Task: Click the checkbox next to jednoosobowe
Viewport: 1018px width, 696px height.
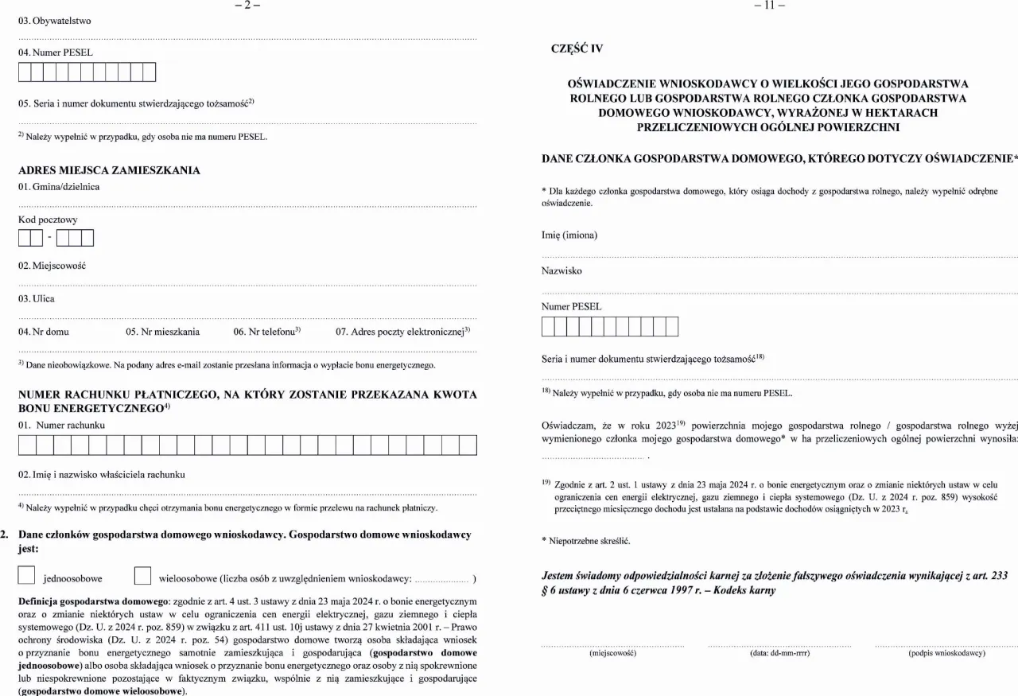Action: [27, 575]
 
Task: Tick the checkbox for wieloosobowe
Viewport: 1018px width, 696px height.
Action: [143, 575]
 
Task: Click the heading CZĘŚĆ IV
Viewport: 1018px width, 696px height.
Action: [577, 49]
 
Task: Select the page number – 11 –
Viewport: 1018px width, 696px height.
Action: [769, 6]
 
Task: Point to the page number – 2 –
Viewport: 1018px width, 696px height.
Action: [247, 6]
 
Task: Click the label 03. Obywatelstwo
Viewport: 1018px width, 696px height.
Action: [55, 21]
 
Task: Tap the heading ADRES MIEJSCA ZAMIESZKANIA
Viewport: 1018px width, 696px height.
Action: [109, 170]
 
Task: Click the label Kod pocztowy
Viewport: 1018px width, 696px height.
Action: [48, 220]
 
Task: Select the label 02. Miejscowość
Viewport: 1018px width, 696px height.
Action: [52, 266]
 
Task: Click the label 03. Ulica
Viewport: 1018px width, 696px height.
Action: [37, 299]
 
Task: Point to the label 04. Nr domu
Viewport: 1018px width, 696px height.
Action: [44, 332]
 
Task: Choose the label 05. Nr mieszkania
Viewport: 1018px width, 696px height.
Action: [163, 332]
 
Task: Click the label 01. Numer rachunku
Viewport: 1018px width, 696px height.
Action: [61, 426]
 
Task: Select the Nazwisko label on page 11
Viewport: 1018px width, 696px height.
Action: [561, 271]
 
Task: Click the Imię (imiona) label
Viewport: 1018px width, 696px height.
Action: [569, 235]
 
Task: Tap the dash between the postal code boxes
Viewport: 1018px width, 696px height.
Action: [49, 238]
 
